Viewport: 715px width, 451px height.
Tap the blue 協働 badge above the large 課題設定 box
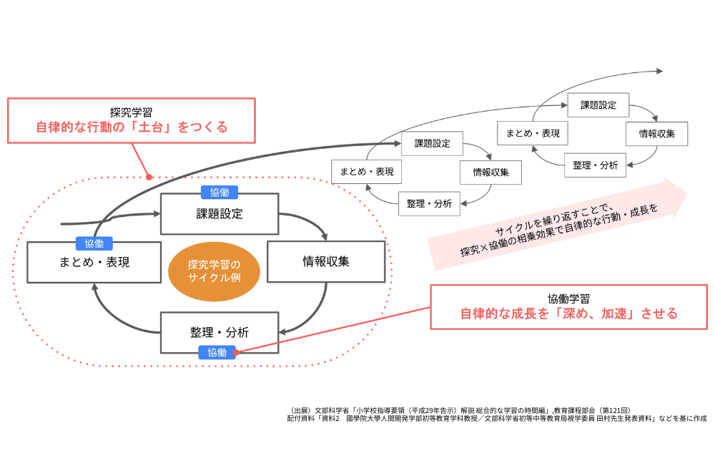pyautogui.click(x=220, y=192)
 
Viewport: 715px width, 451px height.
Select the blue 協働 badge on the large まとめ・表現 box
pyautogui.click(x=94, y=243)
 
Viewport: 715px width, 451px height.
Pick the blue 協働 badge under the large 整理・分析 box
pyautogui.click(x=217, y=352)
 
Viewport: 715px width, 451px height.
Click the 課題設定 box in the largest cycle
pyautogui.click(x=220, y=213)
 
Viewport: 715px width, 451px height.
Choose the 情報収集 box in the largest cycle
pyautogui.click(x=325, y=261)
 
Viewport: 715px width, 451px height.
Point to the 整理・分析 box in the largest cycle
pyautogui.click(x=220, y=332)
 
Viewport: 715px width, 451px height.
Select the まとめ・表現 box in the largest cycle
pyautogui.click(x=94, y=262)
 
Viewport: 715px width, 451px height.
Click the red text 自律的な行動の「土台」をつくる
pyautogui.click(x=132, y=127)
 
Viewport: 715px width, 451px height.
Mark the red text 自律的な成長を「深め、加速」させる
pyautogui.click(x=568, y=314)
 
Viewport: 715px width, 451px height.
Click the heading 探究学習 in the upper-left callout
pyautogui.click(x=131, y=112)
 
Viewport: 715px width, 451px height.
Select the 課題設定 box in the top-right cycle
pyautogui.click(x=598, y=105)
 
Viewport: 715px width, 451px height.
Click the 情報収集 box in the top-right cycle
pyautogui.click(x=656, y=134)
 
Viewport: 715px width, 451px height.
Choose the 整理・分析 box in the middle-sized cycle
pyautogui.click(x=429, y=203)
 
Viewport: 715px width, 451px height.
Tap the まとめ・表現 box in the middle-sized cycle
pyautogui.click(x=367, y=172)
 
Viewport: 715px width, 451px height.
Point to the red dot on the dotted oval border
pyautogui.click(x=149, y=178)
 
